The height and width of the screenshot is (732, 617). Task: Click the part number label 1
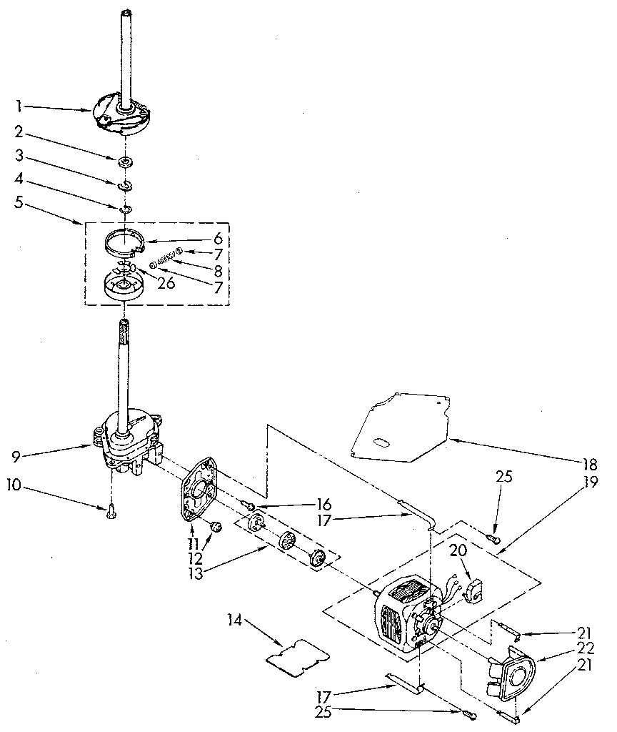[x=20, y=106]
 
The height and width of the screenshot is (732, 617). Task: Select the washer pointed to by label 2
[x=125, y=162]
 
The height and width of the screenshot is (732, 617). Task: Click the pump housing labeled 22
[x=513, y=669]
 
